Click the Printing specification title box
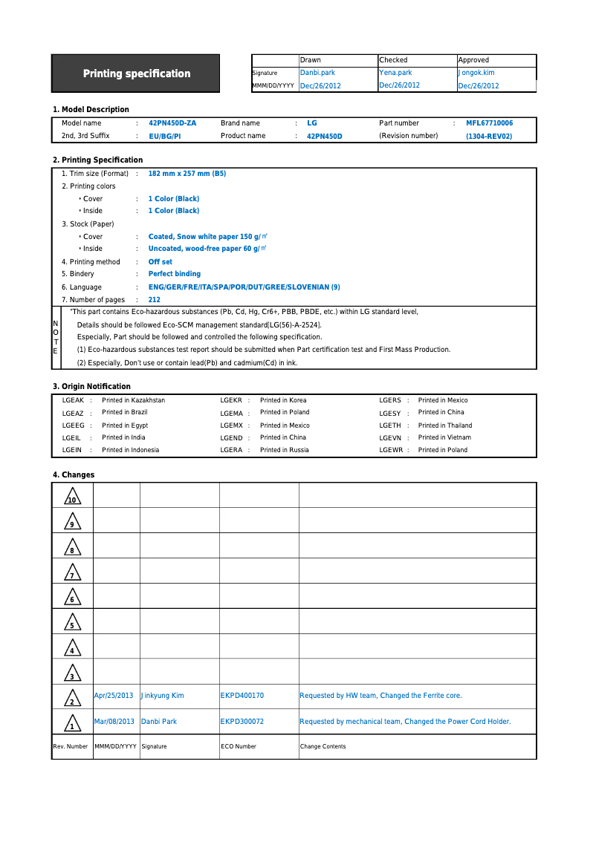click(x=136, y=74)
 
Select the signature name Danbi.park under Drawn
click(x=317, y=73)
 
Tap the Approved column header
click(x=473, y=60)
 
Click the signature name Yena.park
click(x=395, y=73)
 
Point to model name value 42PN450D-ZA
click(x=172, y=123)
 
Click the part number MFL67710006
click(x=489, y=123)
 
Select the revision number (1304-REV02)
click(x=489, y=137)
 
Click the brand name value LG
click(x=312, y=123)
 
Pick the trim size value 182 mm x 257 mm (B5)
click(x=187, y=174)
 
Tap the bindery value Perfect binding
click(x=175, y=274)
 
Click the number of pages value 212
click(x=155, y=300)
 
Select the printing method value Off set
click(x=161, y=262)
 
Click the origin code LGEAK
click(x=73, y=400)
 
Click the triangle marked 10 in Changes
click(x=72, y=497)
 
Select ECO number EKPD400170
click(x=242, y=696)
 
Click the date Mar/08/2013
click(x=114, y=722)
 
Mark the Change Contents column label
click(x=323, y=746)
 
